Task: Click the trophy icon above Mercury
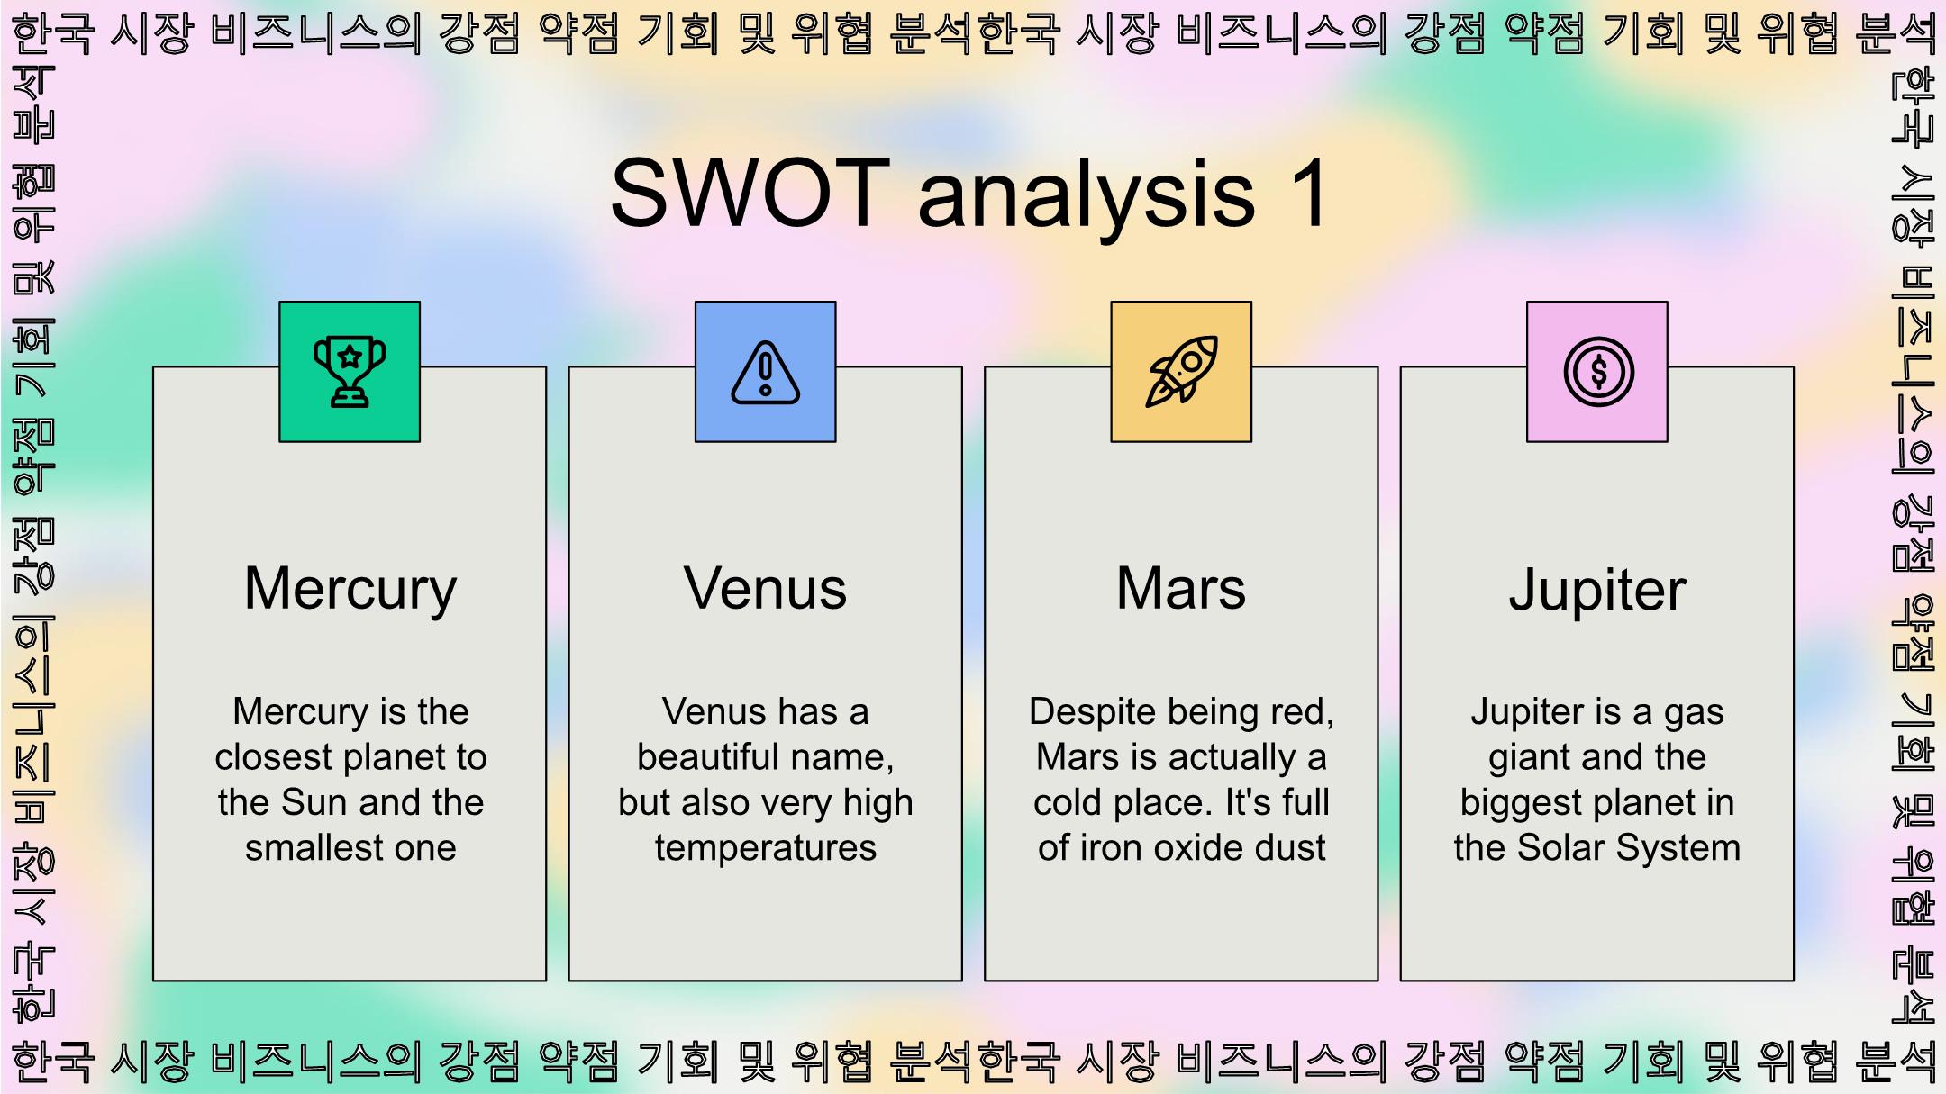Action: pos(350,372)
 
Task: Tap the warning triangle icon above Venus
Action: pos(765,373)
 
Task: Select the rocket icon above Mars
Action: pos(1181,372)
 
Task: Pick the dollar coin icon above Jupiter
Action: pos(1598,372)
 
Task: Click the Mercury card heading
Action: pos(350,590)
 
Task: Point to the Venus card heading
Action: pos(766,589)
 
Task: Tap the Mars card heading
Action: pos(1181,589)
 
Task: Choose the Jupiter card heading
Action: pos(1597,591)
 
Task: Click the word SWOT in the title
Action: pos(750,192)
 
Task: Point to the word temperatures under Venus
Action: pos(766,849)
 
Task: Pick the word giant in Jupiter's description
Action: pos(1529,758)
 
